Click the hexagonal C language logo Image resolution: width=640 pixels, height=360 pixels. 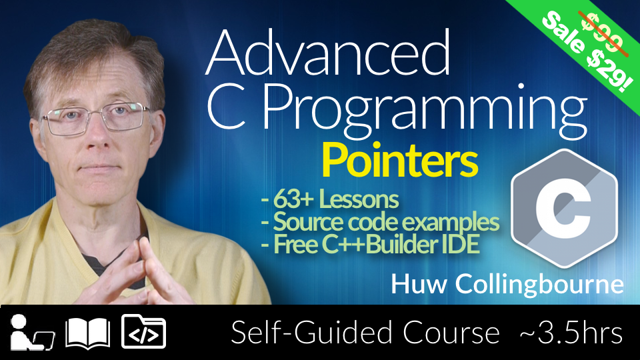564,208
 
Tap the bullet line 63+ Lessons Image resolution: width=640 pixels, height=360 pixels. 330,199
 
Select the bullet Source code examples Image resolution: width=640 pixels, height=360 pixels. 380,222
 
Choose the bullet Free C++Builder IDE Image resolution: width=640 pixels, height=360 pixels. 370,245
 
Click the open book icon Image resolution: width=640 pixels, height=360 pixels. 88,332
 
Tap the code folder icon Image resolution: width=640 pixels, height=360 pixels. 144,331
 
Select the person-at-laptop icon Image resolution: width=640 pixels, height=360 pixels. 32,332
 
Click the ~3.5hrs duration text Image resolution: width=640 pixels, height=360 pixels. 571,333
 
